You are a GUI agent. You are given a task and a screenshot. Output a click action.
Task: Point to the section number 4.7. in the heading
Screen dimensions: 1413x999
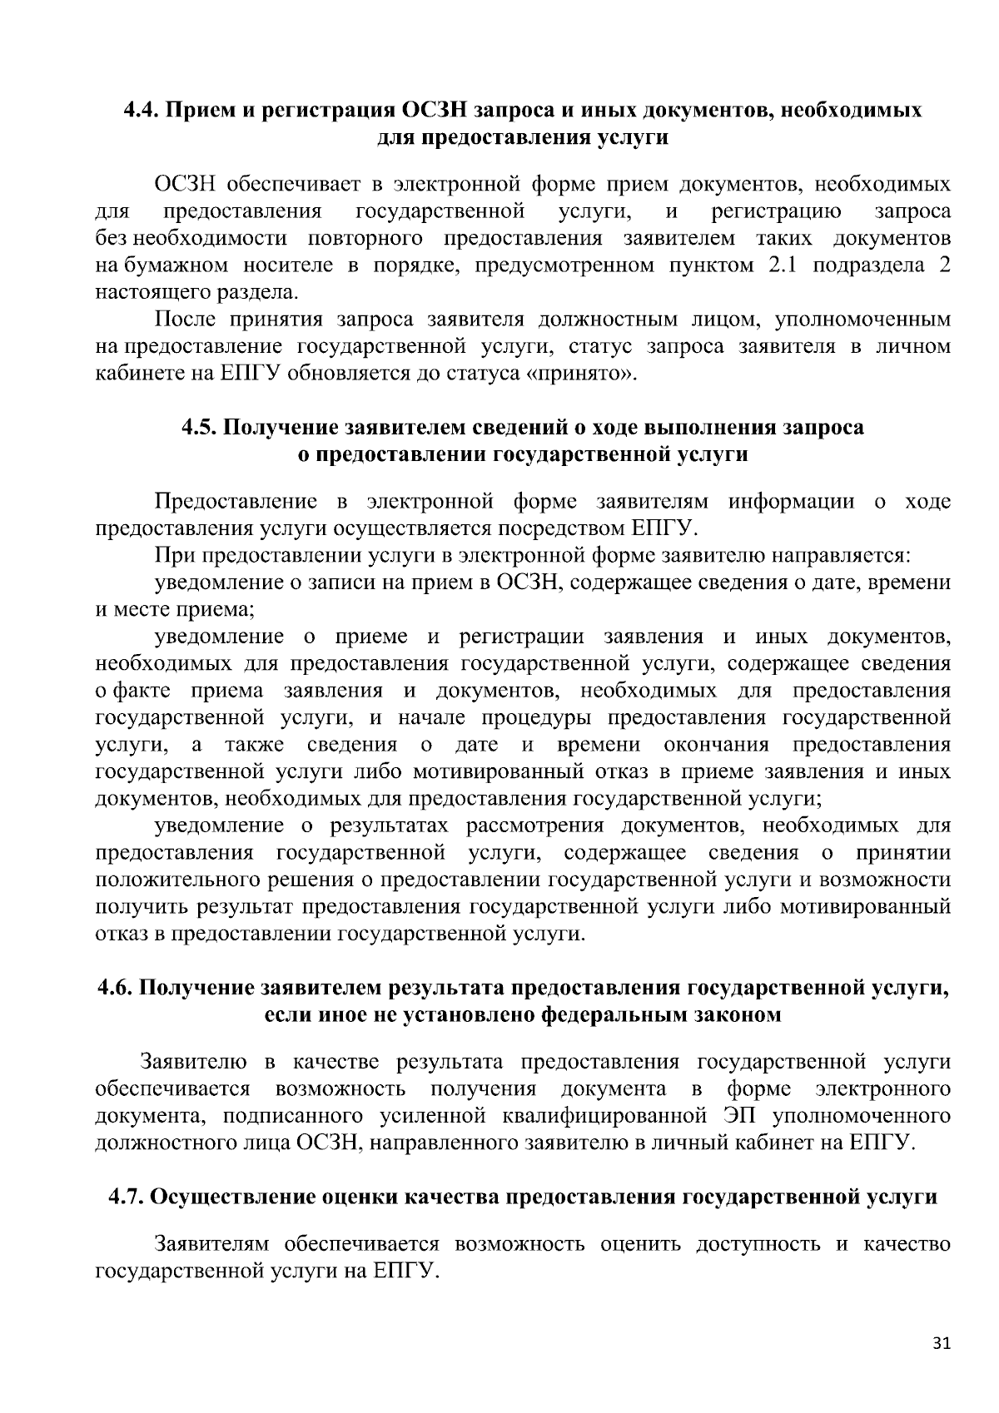128,1197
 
